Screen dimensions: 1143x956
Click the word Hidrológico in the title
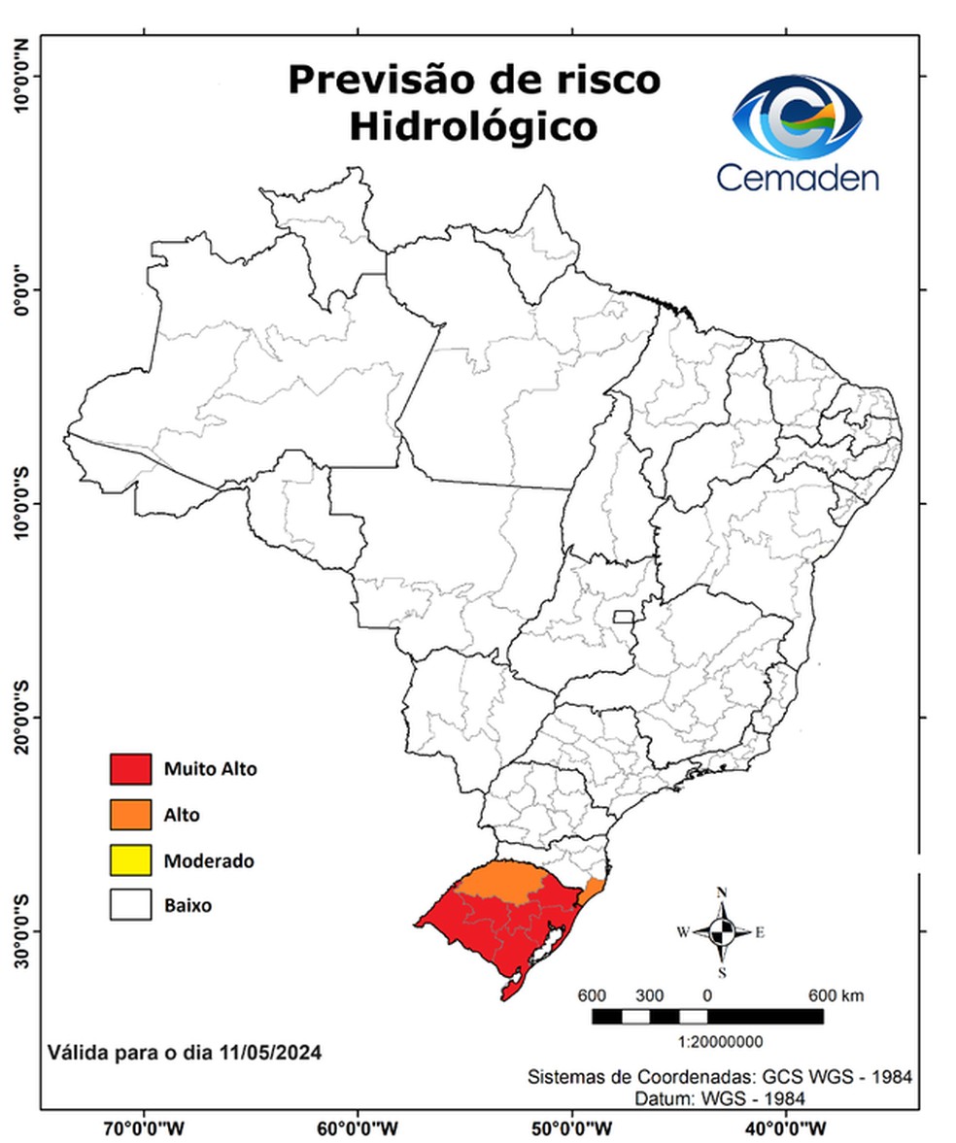pos(472,125)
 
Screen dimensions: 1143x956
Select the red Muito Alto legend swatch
pos(130,769)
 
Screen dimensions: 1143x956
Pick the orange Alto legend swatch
pos(130,815)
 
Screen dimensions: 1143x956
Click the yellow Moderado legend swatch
pos(130,859)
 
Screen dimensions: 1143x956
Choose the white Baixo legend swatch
pos(130,905)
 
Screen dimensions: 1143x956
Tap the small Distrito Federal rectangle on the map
pos(623,617)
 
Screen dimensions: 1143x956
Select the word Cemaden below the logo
pos(798,177)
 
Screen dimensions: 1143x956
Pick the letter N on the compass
pos(722,892)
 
